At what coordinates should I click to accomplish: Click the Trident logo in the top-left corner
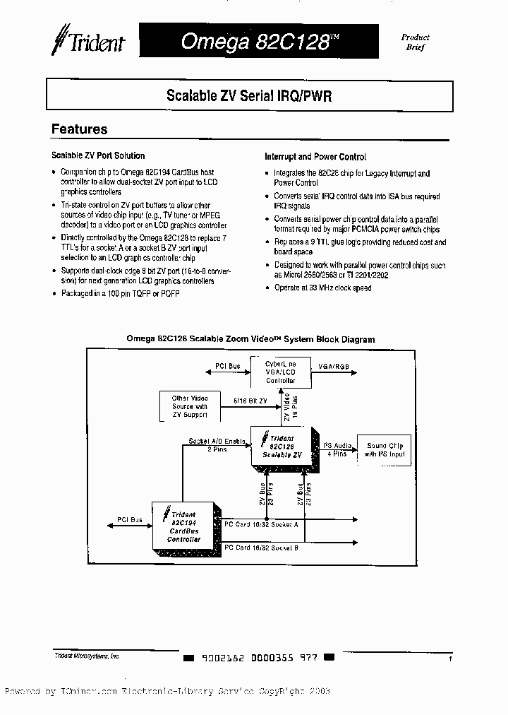click(87, 41)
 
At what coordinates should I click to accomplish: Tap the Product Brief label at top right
click(416, 42)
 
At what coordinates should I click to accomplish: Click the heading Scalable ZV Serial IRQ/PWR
click(249, 96)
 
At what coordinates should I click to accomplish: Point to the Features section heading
click(80, 129)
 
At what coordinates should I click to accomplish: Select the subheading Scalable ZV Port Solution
click(99, 155)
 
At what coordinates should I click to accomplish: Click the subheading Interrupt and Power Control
click(315, 157)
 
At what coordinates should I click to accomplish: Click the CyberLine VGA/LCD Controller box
click(280, 372)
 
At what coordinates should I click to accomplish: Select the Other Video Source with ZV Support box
click(190, 406)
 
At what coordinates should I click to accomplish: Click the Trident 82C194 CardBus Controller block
click(184, 526)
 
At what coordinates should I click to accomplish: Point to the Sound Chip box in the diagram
click(385, 450)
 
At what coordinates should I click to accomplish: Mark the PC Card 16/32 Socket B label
click(261, 548)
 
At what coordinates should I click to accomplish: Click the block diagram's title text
click(250, 339)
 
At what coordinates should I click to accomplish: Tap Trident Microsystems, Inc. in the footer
click(87, 656)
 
